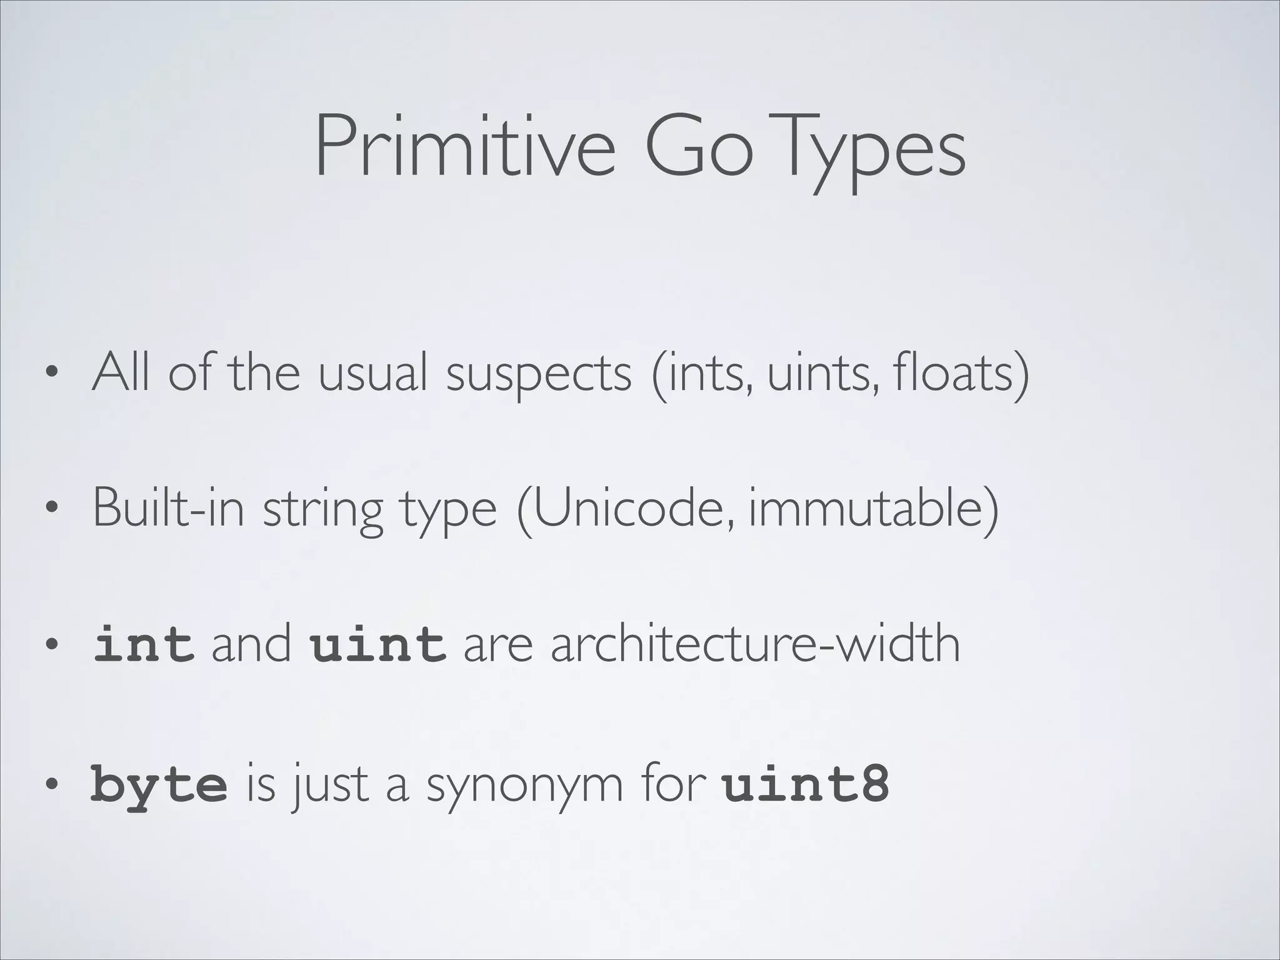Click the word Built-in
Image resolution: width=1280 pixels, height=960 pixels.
click(168, 509)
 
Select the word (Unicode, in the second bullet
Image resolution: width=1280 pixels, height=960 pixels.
click(625, 509)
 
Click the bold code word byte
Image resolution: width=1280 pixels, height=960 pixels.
click(159, 785)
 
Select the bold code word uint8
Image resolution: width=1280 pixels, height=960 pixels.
click(805, 785)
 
